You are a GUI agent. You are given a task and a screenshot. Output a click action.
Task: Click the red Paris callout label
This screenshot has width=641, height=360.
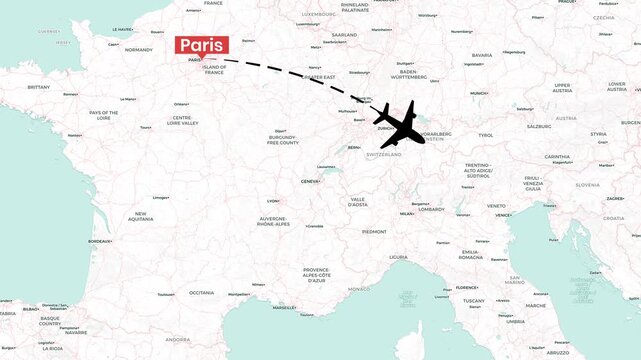click(201, 45)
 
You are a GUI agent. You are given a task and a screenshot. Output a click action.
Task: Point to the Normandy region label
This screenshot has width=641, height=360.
click(138, 49)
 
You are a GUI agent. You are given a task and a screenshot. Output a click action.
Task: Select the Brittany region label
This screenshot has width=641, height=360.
click(38, 87)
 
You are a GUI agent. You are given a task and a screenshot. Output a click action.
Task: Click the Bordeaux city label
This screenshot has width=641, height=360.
click(100, 241)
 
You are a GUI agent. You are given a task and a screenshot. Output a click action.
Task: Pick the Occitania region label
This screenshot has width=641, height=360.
click(202, 292)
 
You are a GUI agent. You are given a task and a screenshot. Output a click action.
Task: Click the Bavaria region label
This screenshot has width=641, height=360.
click(482, 55)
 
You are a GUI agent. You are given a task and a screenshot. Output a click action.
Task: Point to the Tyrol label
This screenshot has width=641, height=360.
click(486, 135)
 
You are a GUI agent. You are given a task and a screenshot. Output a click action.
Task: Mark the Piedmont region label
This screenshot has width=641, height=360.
click(374, 231)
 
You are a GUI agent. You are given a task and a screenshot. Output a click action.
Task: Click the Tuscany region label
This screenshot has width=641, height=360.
click(473, 300)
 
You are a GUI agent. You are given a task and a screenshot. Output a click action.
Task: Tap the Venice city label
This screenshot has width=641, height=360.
click(503, 214)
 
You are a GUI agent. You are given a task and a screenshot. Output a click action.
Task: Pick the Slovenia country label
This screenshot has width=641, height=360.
click(587, 184)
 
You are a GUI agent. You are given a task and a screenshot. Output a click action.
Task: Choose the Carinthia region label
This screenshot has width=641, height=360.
click(558, 157)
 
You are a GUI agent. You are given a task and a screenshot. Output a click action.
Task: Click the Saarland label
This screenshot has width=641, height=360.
click(344, 34)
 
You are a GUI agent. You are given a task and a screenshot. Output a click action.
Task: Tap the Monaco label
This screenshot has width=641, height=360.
click(358, 289)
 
